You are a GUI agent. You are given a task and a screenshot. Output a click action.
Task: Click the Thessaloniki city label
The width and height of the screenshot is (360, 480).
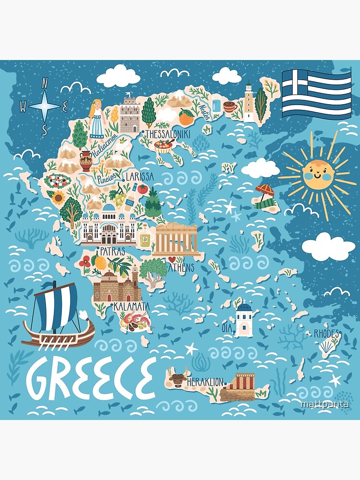[x=168, y=133]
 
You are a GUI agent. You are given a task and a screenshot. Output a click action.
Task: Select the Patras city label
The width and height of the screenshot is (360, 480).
[x=112, y=251]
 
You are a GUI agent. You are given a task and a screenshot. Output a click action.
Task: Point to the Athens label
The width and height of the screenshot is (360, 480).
[x=181, y=267]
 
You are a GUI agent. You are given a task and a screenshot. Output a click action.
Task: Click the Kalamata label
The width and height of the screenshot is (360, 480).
[x=131, y=306]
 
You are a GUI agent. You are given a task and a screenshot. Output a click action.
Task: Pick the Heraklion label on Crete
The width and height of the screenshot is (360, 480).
[x=205, y=382]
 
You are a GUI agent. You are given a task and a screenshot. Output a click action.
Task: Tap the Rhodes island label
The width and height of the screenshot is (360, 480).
[x=327, y=334]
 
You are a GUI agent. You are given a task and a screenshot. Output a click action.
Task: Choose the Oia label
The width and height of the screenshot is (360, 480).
[x=226, y=328]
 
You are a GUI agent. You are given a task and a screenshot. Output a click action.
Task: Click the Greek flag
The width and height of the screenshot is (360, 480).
[x=316, y=94]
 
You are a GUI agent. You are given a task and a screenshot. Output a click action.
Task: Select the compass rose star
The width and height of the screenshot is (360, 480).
[x=45, y=107]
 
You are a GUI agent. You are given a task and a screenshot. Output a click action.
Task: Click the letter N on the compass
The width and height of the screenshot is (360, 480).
[x=45, y=83]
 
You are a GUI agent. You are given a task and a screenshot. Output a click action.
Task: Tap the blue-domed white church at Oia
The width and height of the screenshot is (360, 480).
[x=244, y=318]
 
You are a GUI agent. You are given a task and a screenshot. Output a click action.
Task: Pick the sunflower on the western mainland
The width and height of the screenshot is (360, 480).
[x=59, y=197]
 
